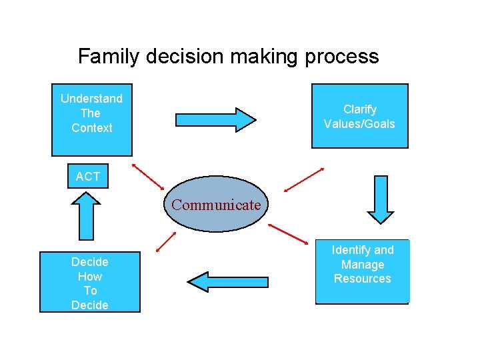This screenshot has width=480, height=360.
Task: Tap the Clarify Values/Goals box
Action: point(360,116)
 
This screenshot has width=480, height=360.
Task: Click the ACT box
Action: point(88,176)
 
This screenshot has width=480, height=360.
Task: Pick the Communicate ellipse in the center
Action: point(216,204)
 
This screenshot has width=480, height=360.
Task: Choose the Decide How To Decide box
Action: point(90,282)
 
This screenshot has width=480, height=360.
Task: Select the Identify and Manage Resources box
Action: point(362,272)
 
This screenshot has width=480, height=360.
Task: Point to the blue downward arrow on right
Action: point(381,199)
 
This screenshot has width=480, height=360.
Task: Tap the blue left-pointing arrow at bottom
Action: point(228,282)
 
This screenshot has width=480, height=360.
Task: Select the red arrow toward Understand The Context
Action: point(148,176)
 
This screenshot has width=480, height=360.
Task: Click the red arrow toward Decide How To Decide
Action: point(166,241)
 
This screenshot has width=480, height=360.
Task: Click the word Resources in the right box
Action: point(362,279)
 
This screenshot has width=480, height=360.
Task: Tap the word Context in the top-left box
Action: point(92,128)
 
